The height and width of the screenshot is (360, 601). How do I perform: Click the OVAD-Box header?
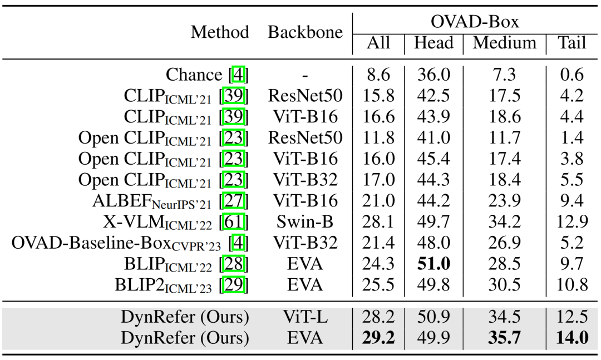coord(475,22)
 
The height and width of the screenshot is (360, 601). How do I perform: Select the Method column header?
coord(220,32)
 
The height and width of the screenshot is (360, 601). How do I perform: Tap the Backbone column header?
coord(305,32)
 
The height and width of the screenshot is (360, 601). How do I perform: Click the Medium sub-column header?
coord(505,43)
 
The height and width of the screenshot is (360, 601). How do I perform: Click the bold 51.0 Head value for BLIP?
coord(433,264)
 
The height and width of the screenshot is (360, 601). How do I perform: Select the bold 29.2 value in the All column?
coord(378,338)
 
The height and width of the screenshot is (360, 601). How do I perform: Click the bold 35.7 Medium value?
coord(505,338)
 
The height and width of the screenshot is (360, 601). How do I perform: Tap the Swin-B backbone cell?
coord(305,222)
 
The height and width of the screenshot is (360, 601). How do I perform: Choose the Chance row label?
coord(194,75)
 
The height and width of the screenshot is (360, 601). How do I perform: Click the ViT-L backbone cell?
coord(305,317)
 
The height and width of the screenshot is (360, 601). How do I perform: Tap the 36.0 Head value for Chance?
coord(433,75)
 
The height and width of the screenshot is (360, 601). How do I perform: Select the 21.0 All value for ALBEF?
coord(378,201)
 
